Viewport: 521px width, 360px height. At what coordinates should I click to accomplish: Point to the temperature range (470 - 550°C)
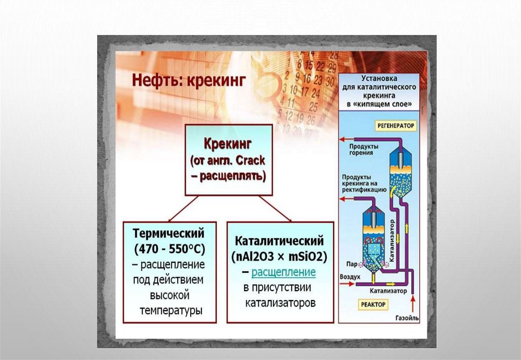tap(169, 250)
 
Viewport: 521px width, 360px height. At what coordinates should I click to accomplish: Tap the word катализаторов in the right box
tap(280, 304)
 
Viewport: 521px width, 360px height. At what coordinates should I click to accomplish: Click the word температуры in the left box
tap(170, 310)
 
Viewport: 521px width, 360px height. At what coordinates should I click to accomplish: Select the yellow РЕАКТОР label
tap(374, 304)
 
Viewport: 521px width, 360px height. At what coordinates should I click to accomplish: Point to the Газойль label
tap(406, 318)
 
